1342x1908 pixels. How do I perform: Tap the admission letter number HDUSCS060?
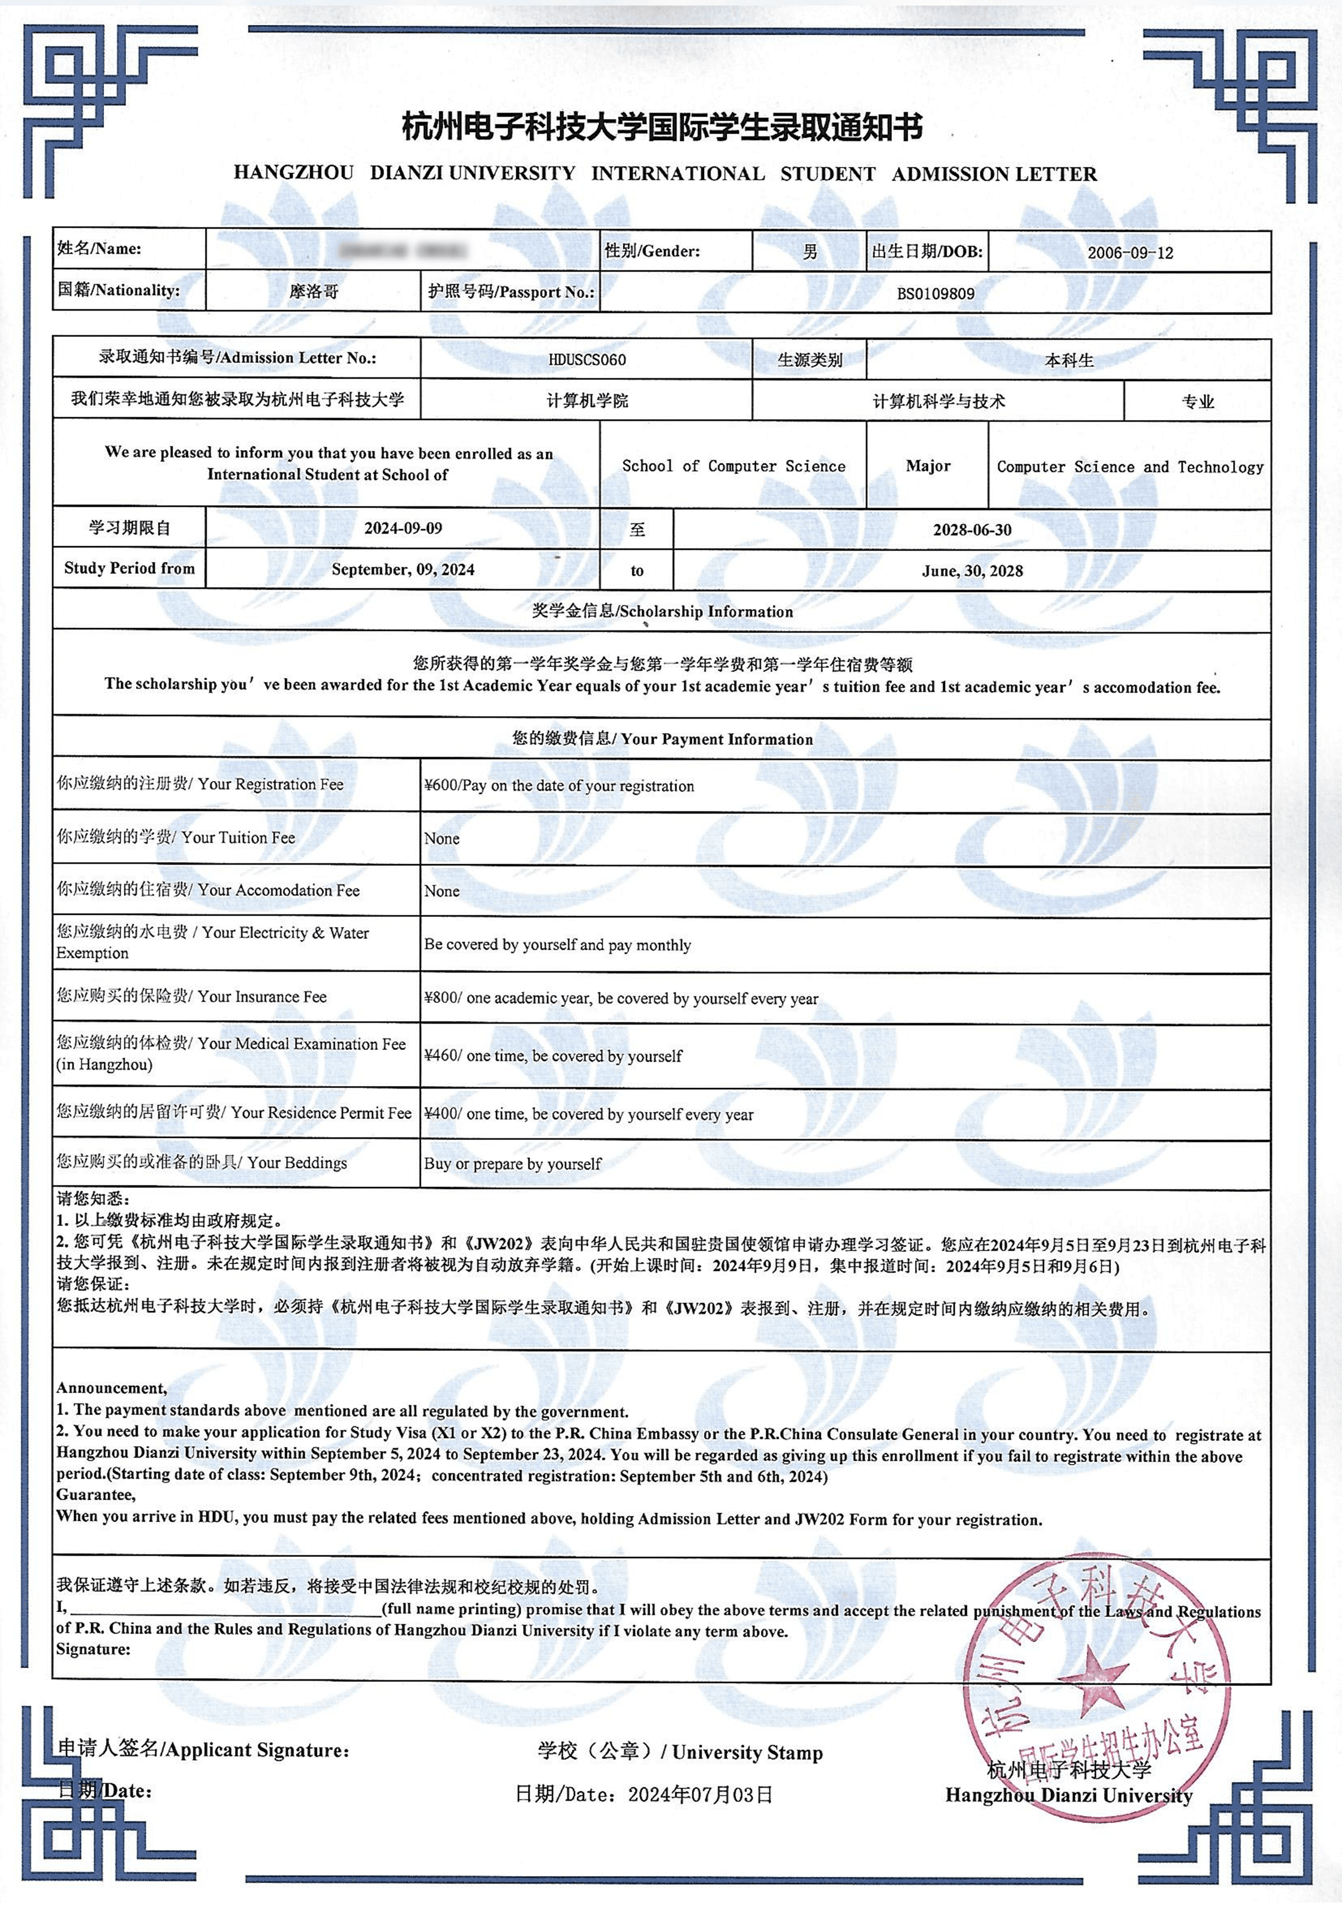pos(587,360)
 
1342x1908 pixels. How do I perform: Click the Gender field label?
pos(651,251)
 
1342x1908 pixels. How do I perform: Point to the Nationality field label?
pos(118,290)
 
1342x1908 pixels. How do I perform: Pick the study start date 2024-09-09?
pos(403,528)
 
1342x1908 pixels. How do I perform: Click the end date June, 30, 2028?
pos(971,571)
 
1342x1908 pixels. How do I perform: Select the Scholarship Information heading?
pos(662,612)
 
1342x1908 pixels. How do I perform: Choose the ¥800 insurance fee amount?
pos(440,998)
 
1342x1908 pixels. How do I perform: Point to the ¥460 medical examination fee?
pos(440,1056)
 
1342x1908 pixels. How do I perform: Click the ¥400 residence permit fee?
pos(440,1114)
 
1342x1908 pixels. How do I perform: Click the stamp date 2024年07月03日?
pos(700,1795)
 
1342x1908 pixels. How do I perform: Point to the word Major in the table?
pos(927,466)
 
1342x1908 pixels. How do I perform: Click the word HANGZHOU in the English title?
pos(294,173)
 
